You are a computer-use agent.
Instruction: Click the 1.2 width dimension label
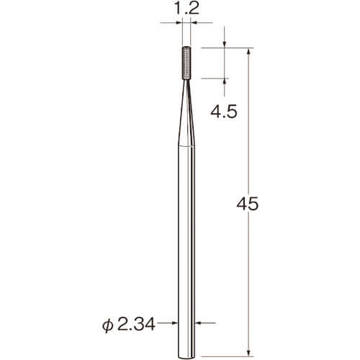[186, 9]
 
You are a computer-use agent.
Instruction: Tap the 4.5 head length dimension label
[224, 112]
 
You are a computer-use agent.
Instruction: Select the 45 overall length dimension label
[247, 204]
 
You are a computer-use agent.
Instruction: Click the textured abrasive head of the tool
[186, 63]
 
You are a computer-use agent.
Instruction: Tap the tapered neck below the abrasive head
[186, 113]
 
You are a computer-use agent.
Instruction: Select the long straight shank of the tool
[186, 252]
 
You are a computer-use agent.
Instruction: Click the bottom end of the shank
[186, 358]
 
